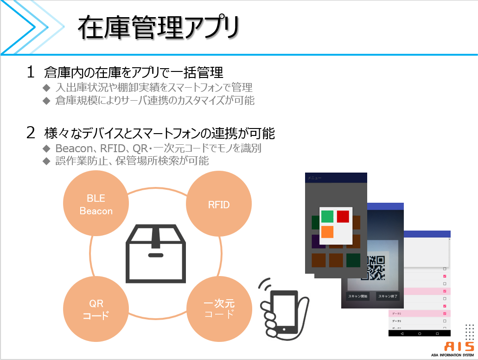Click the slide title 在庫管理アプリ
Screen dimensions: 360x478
(158, 28)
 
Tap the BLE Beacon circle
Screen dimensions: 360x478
(96, 205)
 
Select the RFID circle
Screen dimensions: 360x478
(219, 205)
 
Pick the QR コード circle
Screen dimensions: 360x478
(96, 309)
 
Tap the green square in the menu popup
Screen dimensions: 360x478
(327, 216)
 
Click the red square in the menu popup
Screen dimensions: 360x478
(343, 216)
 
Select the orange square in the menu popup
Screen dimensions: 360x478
(327, 231)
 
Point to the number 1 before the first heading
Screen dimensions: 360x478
(31, 72)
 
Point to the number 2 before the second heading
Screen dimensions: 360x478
(31, 134)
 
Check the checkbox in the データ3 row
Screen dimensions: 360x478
(444, 321)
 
